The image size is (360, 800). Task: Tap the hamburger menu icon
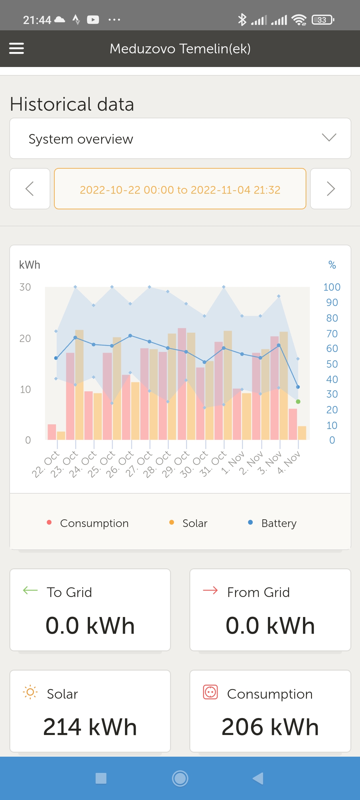click(x=16, y=48)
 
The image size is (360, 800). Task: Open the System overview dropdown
click(x=180, y=138)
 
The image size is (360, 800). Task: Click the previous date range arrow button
click(x=30, y=189)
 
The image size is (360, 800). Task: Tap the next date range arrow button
click(x=330, y=189)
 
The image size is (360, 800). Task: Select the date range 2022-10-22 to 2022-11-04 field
click(x=180, y=189)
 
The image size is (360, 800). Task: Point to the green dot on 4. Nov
click(x=298, y=402)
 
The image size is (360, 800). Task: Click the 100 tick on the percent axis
click(x=332, y=287)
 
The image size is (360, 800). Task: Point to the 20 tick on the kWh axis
click(x=25, y=338)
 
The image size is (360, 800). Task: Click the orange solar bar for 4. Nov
click(x=302, y=433)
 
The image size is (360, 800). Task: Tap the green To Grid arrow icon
click(x=30, y=591)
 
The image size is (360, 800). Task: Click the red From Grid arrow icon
click(x=210, y=591)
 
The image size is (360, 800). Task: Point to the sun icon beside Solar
click(x=30, y=692)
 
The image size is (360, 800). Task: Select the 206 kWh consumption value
click(x=270, y=727)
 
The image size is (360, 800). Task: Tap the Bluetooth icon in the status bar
click(x=242, y=20)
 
